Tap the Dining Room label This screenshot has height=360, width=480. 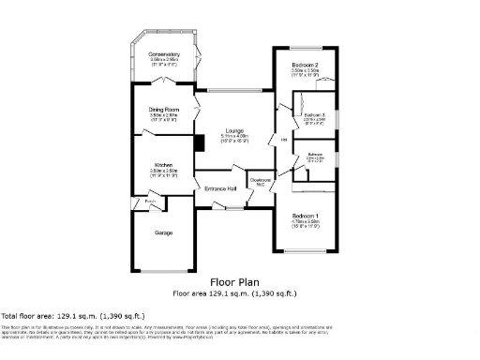click(163, 109)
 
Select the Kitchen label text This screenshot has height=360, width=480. click(164, 165)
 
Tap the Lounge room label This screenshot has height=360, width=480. click(234, 130)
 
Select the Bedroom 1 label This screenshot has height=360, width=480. click(306, 216)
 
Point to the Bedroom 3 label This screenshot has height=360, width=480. click(315, 114)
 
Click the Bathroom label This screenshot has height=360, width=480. click(315, 154)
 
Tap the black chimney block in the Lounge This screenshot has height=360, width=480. click(197, 142)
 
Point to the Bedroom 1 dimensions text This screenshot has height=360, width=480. click(306, 222)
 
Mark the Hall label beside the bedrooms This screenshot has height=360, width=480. click(283, 141)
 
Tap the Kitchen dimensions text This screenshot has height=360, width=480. click(164, 171)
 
